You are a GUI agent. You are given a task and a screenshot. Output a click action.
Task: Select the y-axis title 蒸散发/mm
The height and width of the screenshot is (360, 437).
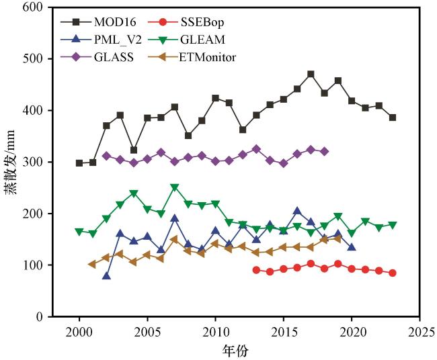(11, 162)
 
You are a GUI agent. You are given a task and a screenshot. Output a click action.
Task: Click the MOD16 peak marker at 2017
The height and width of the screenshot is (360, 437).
(311, 75)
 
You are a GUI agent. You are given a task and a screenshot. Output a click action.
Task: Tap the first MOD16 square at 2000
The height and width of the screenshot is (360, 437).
(79, 163)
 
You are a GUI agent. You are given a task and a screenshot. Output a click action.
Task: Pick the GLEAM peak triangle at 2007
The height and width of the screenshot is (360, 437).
(175, 188)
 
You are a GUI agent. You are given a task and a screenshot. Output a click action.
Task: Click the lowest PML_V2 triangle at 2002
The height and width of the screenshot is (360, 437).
(106, 275)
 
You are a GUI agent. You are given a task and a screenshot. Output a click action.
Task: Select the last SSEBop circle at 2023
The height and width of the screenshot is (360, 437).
(393, 273)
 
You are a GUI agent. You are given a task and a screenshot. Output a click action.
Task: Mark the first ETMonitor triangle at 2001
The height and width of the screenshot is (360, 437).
(93, 264)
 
